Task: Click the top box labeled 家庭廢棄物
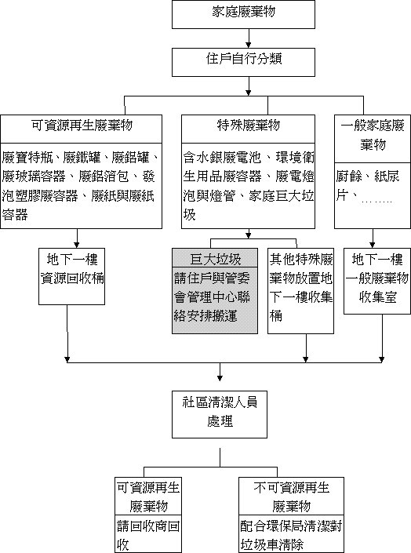(243, 14)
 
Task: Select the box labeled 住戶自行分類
(243, 63)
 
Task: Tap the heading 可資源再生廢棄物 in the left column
(82, 126)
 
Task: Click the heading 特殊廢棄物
(249, 126)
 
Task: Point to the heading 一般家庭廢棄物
(373, 135)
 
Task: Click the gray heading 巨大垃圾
(215, 259)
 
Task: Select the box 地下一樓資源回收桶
(71, 276)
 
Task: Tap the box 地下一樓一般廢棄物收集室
(377, 281)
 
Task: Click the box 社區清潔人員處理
(220, 414)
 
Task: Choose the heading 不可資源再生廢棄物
(292, 497)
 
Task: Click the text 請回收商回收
(148, 536)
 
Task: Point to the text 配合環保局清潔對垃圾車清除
(291, 535)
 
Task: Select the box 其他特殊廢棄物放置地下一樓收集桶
(301, 290)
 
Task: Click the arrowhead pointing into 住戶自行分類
(249, 45)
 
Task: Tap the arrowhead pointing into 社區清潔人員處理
(220, 378)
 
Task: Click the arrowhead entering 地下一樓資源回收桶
(77, 245)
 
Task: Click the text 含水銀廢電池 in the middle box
(222, 158)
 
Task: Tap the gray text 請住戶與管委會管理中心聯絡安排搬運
(212, 297)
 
